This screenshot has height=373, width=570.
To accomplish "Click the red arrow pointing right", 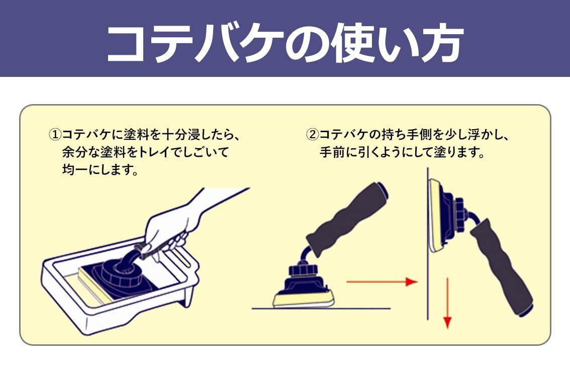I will tap(382, 282).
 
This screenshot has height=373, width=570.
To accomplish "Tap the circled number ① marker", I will tap(54, 135).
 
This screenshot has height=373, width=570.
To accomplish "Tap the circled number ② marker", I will tap(313, 135).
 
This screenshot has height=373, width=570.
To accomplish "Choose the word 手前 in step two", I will tap(332, 152).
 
